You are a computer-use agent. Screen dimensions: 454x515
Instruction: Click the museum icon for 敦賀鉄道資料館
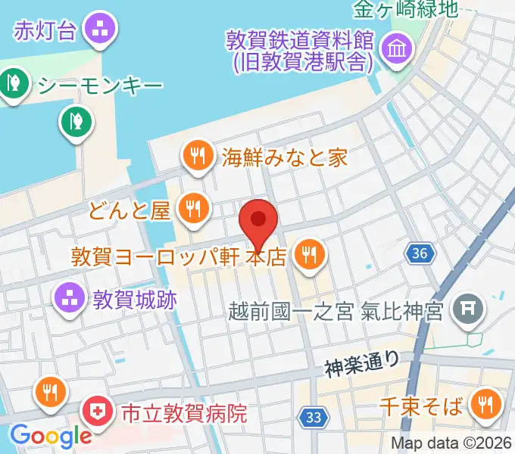coord(395,50)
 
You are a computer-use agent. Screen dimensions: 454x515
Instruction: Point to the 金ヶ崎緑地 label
coord(406,10)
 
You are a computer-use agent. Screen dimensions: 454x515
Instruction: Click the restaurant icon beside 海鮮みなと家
coord(198,157)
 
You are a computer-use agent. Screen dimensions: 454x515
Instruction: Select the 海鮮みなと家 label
coord(285,157)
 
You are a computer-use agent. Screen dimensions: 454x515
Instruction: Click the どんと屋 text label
coord(130,210)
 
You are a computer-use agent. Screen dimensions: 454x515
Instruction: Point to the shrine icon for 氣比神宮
coord(465,309)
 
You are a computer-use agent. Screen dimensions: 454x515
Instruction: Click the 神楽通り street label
coord(362,365)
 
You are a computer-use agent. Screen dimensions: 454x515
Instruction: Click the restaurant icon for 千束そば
coord(483,407)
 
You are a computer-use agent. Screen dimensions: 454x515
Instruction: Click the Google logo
coord(50,437)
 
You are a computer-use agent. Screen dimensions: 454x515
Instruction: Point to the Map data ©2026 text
coord(451,443)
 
